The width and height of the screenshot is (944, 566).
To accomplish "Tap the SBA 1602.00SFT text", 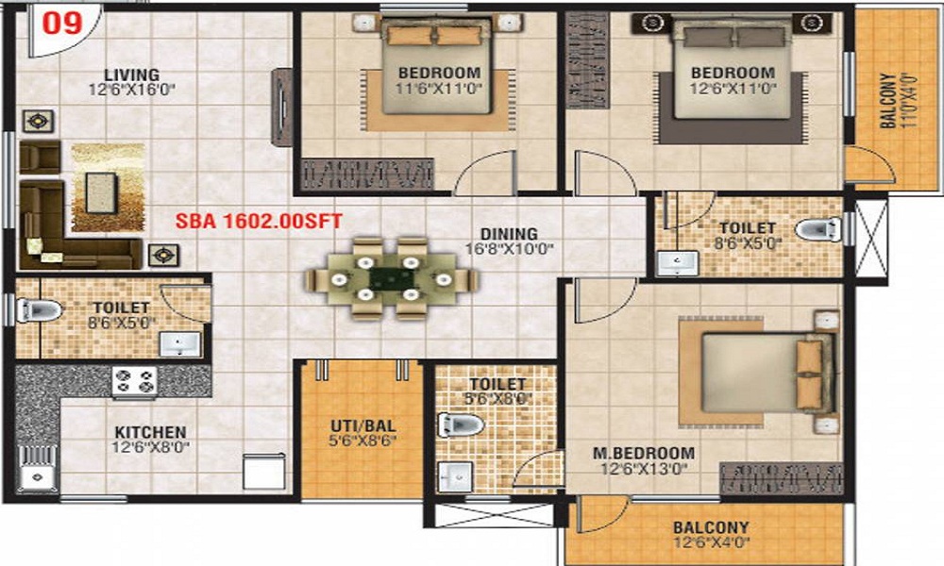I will (x=258, y=222).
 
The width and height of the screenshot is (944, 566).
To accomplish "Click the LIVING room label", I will (x=131, y=75).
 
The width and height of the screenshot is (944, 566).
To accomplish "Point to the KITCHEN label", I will (x=150, y=432).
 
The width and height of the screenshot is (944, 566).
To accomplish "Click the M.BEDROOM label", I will (x=644, y=453).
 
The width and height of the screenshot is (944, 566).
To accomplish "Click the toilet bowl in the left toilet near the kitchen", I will (x=40, y=308).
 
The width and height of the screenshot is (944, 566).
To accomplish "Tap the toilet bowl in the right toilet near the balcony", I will (x=818, y=229).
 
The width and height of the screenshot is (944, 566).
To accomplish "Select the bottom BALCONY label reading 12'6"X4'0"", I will (x=711, y=535).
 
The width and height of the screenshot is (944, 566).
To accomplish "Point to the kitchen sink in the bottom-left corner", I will (x=37, y=476).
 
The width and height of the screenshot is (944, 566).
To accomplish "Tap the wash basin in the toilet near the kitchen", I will (x=177, y=344).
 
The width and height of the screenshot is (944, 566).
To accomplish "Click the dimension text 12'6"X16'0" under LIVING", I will (x=131, y=91).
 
